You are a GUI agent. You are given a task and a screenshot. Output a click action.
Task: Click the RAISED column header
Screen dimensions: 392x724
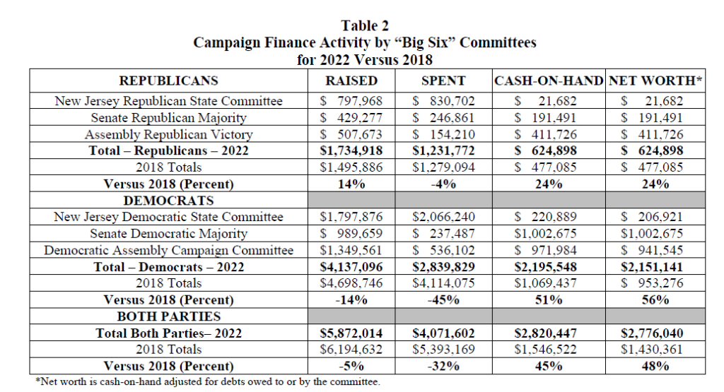pyautogui.click(x=351, y=81)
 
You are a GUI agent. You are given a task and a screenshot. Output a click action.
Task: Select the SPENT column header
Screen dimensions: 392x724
pyautogui.click(x=443, y=81)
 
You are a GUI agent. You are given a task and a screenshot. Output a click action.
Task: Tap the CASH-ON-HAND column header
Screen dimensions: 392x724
pyautogui.click(x=549, y=81)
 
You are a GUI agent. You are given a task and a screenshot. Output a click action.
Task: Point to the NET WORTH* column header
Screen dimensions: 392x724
pyautogui.click(x=655, y=81)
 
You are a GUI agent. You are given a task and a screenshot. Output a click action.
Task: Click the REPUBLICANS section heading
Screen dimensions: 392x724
pyautogui.click(x=168, y=81)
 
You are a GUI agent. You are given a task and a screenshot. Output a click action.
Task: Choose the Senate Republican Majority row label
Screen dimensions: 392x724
pyautogui.click(x=168, y=117)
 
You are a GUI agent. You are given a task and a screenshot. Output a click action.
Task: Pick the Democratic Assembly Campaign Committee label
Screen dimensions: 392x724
pyautogui.click(x=168, y=250)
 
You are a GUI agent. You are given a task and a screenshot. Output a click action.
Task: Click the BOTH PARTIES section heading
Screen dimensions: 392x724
pyautogui.click(x=168, y=316)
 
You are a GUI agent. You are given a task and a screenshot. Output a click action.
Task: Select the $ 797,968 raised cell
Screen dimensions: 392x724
pyautogui.click(x=351, y=101)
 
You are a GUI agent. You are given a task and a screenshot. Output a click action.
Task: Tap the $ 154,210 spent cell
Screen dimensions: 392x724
pyautogui.click(x=443, y=134)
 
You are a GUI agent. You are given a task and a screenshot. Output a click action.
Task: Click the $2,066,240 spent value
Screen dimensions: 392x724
pyautogui.click(x=443, y=217)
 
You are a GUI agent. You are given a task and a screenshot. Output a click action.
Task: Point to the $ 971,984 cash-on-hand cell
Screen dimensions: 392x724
pyautogui.click(x=549, y=250)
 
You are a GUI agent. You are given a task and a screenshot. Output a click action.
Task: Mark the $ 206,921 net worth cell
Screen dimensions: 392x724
pyautogui.click(x=655, y=217)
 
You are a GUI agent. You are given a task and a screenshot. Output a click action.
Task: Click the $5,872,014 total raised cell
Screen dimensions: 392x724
pyautogui.click(x=351, y=333)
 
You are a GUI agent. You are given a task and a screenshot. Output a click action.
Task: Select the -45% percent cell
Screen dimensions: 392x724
pyautogui.click(x=443, y=300)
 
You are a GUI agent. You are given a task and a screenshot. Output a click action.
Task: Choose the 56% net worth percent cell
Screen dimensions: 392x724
pyautogui.click(x=655, y=300)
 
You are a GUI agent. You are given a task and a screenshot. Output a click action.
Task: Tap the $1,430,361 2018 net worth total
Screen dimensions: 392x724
pyautogui.click(x=655, y=350)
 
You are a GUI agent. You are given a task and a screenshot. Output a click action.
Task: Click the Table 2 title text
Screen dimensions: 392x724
pyautogui.click(x=365, y=26)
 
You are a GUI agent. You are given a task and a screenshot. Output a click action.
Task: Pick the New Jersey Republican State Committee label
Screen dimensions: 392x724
pyautogui.click(x=168, y=101)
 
